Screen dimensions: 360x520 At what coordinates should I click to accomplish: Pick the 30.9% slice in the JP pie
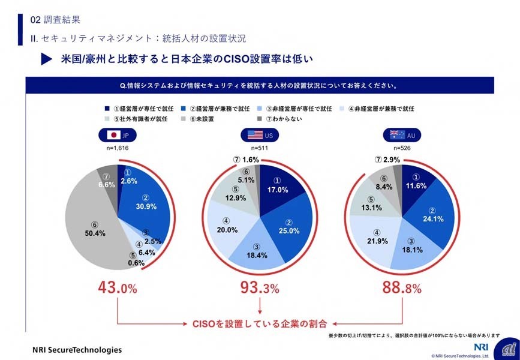click(x=144, y=204)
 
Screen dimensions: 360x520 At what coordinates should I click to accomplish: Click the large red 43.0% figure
click(x=118, y=288)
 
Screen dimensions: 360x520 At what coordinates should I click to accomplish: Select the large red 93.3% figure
click(x=260, y=288)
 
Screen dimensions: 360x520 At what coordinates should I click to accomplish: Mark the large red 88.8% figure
click(x=402, y=288)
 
